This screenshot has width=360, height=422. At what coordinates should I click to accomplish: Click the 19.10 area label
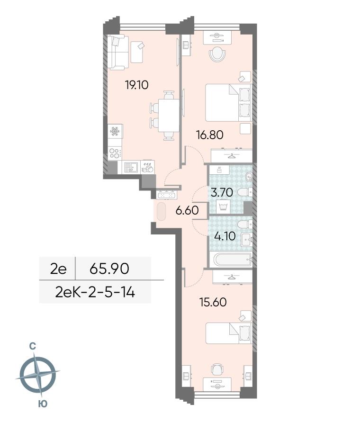pos(137,85)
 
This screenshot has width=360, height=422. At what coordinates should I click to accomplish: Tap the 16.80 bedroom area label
pos(210,135)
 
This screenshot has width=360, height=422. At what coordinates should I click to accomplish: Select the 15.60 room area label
pos(213,302)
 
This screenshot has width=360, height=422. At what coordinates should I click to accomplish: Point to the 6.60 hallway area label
pos(187,210)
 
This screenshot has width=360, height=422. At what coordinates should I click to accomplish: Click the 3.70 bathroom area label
pos(222,192)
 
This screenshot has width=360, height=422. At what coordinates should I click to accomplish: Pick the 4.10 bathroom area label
pos(225,236)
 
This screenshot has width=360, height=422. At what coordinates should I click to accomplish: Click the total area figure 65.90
pos(109,269)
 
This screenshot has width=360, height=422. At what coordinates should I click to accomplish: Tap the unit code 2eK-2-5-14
pos(95,292)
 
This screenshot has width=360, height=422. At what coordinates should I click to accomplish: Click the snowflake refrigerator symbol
pos(115,131)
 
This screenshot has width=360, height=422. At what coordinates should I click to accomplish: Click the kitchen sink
pos(131,167)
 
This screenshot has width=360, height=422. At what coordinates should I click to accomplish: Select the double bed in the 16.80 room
pos(229,102)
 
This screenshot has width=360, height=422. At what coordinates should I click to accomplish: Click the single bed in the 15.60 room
pos(229,333)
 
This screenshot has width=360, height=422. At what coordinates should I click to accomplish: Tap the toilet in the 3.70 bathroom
pos(244,192)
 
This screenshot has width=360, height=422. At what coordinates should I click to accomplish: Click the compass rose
pos(38,375)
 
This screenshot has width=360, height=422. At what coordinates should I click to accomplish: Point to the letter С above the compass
pos(33,346)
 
